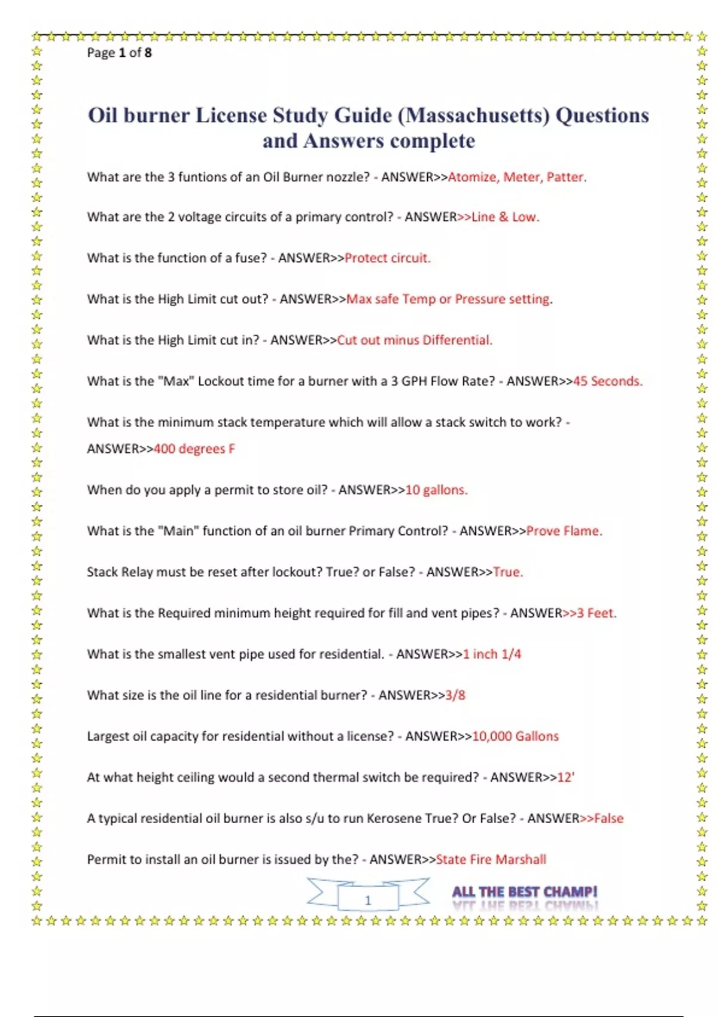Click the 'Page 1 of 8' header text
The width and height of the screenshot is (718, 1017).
(119, 53)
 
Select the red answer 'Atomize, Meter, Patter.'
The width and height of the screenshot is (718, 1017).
(517, 177)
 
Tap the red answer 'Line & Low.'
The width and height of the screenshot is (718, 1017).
(505, 217)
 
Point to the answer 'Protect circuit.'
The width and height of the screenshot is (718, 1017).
(388, 258)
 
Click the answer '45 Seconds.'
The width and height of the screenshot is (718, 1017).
(608, 381)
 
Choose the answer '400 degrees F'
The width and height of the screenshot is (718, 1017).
(194, 449)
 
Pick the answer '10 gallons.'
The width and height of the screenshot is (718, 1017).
(436, 490)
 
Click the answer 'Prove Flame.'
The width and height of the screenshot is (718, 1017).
(564, 531)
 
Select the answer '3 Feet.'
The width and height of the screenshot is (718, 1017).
(597, 613)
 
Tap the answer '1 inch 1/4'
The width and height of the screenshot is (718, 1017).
(492, 654)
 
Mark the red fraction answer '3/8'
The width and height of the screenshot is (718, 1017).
(455, 695)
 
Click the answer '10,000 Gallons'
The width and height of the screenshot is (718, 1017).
(515, 736)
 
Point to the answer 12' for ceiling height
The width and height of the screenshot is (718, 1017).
(565, 777)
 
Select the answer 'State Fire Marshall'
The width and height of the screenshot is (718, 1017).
(491, 860)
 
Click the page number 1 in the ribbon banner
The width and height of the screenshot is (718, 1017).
(368, 900)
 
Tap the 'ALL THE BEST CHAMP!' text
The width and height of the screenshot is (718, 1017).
(525, 892)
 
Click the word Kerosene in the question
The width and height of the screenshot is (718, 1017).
(395, 818)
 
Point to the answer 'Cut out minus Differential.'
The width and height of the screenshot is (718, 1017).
(415, 340)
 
